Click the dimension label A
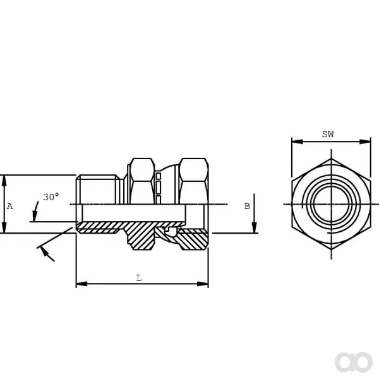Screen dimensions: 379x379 [9, 206]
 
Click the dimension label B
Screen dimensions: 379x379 [247, 206]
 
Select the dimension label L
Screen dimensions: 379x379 [139, 278]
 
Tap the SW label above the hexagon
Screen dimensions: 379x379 [328, 134]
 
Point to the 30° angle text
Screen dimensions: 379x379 [51, 197]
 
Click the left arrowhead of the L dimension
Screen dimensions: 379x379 [81, 284]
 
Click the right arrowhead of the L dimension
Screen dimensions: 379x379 [203, 284]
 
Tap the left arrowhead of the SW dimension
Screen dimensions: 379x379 [298, 141]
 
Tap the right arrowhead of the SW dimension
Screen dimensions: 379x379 [365, 141]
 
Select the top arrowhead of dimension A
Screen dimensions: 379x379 [4, 181]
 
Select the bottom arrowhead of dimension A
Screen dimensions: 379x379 [4, 227]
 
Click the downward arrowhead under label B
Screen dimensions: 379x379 [255, 227]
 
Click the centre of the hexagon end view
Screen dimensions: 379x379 [331, 204]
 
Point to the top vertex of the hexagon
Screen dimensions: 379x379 [331, 159]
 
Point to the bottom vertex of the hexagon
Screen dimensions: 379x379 [331, 250]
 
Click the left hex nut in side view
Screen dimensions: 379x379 [142, 181]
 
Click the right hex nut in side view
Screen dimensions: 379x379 [194, 181]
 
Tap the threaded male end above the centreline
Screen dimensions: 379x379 [98, 189]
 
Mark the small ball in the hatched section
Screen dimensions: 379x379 [172, 231]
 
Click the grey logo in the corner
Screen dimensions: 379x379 [354, 362]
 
